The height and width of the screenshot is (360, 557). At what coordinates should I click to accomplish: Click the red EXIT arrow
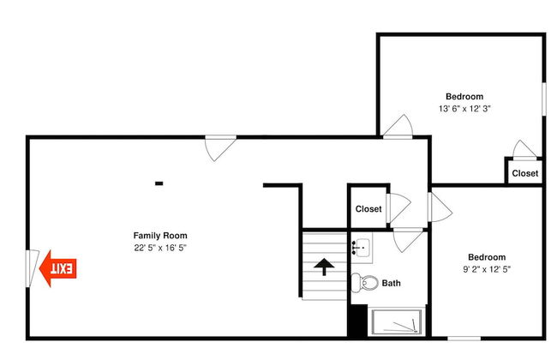57,268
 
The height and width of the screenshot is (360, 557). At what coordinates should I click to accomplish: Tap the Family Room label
160,236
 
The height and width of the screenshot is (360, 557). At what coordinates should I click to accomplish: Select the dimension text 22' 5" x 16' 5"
160,248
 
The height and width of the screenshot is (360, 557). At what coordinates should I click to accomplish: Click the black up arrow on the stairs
324,267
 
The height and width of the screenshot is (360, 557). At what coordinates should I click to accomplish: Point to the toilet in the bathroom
364,283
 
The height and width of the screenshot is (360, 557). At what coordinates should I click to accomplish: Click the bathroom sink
362,248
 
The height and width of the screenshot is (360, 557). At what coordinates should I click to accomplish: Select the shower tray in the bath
397,322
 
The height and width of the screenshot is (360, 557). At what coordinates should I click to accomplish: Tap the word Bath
391,283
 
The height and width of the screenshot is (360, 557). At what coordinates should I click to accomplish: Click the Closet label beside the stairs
368,209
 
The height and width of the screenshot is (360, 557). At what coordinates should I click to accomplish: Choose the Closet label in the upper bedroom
525,173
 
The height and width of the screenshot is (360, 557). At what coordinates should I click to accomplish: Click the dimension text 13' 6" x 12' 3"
464,109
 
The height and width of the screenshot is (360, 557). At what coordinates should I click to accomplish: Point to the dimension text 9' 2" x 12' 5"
487,269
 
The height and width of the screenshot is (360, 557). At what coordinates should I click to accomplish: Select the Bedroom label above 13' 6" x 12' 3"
464,97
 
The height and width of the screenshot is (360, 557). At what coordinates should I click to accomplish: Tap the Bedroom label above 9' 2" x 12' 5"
487,257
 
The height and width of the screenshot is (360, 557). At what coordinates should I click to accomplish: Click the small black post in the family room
159,183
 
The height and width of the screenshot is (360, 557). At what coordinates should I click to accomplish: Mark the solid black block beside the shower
357,321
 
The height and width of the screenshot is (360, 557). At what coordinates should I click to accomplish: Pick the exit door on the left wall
32,268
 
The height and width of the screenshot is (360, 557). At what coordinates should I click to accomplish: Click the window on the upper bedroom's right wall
543,99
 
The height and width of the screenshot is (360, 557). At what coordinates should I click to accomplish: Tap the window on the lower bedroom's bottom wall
464,339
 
